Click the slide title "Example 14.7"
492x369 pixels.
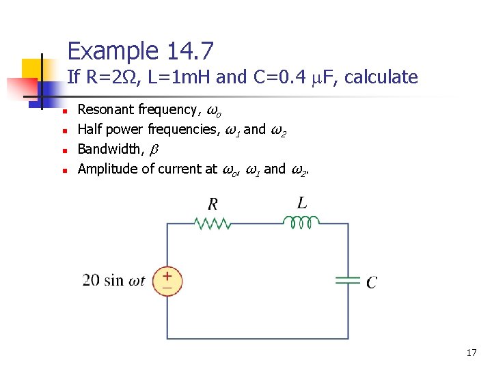tap(141, 51)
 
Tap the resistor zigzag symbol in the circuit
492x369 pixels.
tap(213, 223)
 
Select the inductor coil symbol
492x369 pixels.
tap(301, 222)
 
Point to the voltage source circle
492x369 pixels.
tap(167, 280)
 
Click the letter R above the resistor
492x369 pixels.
tap(213, 204)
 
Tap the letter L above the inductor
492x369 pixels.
tap(302, 202)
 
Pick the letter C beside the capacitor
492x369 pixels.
tap(371, 282)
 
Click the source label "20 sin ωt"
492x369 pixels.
tap(113, 281)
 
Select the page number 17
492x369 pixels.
tap(471, 353)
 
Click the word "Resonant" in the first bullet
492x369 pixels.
tap(106, 109)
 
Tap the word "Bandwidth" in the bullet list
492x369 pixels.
tap(109, 148)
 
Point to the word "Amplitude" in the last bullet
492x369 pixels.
tap(108, 168)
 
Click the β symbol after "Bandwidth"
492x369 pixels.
tap(153, 149)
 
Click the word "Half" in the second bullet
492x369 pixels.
tap(90, 129)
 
